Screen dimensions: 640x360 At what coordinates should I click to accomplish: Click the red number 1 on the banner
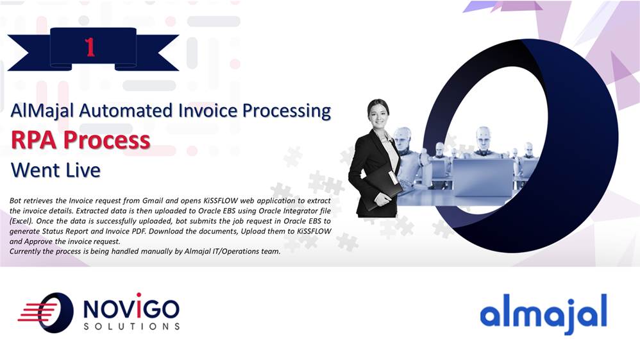point(90,47)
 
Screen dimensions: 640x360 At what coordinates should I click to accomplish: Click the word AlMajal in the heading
point(42,111)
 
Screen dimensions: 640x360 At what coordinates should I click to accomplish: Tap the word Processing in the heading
point(287,111)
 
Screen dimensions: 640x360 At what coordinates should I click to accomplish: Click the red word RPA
point(33,140)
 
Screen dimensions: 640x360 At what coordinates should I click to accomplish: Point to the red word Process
point(107,140)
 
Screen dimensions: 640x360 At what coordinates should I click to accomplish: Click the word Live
point(83,170)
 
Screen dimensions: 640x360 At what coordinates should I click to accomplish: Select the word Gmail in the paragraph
point(152,201)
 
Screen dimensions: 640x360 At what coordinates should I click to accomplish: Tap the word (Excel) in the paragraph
point(21,221)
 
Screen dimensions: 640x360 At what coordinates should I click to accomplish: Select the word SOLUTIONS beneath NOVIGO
point(131,327)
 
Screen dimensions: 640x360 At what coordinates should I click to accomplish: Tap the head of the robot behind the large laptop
point(484,137)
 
